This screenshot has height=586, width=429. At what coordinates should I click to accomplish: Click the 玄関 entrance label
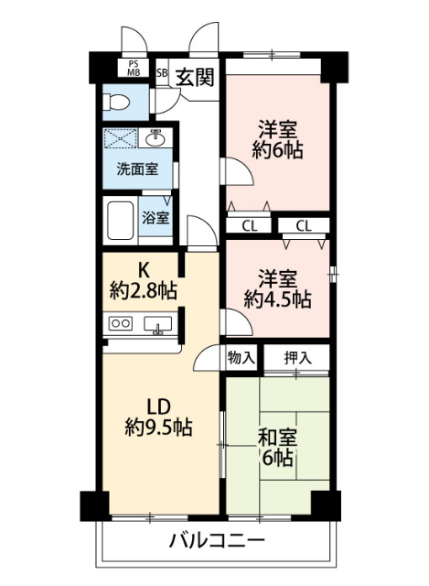click(x=195, y=77)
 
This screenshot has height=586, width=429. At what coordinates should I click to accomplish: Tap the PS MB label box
click(x=134, y=68)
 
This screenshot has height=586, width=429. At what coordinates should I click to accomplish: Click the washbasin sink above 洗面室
click(x=156, y=139)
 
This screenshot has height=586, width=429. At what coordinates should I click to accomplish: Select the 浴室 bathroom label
click(x=156, y=218)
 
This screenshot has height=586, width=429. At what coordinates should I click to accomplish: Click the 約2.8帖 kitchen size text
click(x=145, y=292)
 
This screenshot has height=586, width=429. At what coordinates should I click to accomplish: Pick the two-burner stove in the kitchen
click(x=122, y=323)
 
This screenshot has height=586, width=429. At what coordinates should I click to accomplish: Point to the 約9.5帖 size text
click(x=158, y=427)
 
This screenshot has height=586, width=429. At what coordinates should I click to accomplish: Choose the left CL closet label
click(x=250, y=225)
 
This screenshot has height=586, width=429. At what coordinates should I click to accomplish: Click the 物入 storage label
click(x=241, y=358)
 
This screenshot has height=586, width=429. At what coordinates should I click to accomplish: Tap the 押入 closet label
click(x=296, y=358)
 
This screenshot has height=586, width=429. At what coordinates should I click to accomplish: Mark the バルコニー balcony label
click(x=217, y=539)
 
